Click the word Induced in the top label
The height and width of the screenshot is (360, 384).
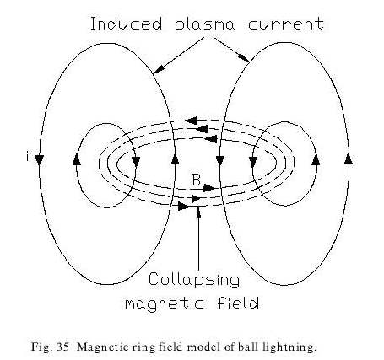pos(127,24)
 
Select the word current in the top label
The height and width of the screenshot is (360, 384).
pos(286,24)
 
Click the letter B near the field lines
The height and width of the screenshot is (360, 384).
pos(196,180)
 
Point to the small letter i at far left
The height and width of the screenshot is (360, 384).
pos(27,157)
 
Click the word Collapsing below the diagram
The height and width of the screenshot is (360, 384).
pos(194,280)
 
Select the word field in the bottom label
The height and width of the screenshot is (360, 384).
pos(238,303)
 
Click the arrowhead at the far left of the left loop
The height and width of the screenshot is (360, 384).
pos(39,159)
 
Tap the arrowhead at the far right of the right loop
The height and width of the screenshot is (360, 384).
pos(349,159)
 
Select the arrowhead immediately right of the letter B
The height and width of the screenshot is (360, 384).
pos(209,188)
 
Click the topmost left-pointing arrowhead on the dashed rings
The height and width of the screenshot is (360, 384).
pos(192,121)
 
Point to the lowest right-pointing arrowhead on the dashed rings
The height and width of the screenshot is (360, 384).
pos(184,207)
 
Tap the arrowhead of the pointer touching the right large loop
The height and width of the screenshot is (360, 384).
pos(246,58)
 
